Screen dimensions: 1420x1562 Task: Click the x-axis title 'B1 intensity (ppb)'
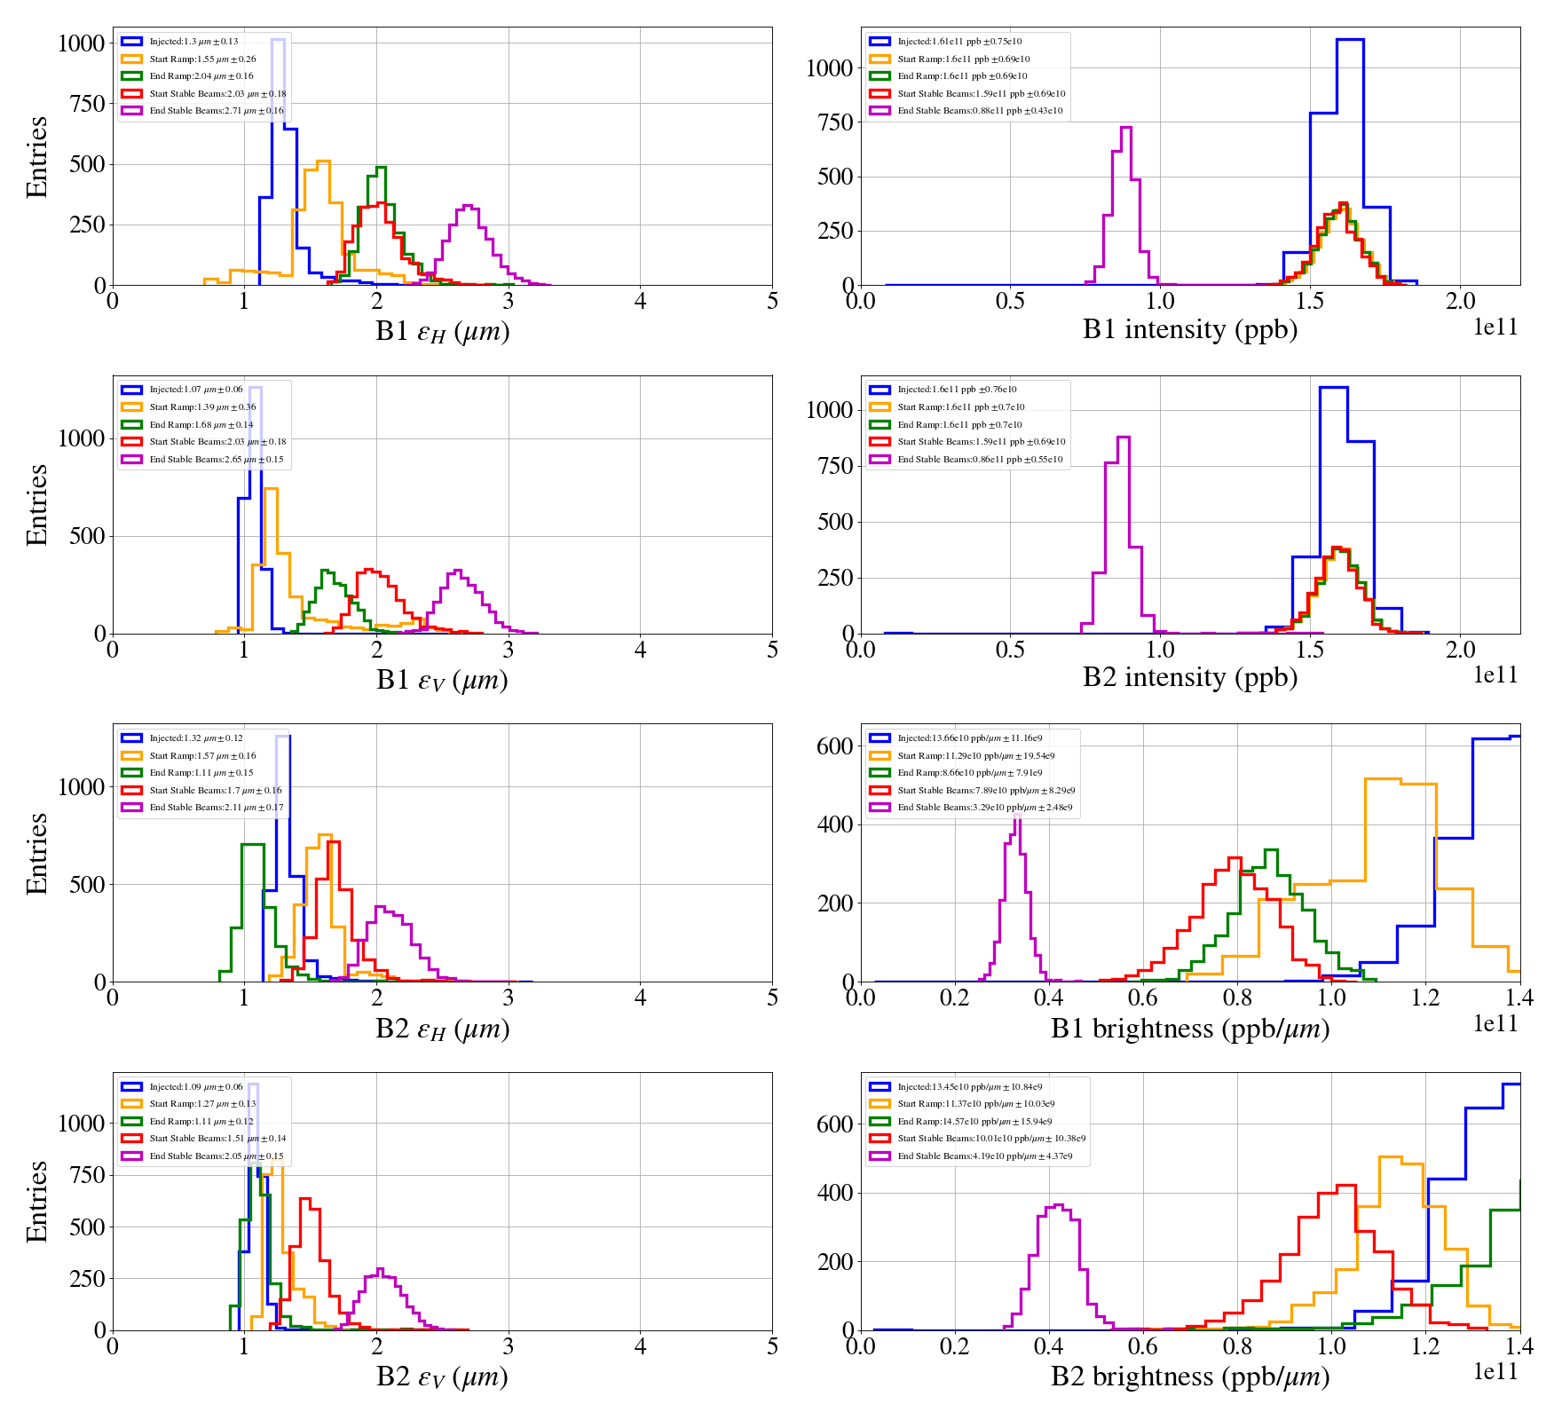(x=1189, y=330)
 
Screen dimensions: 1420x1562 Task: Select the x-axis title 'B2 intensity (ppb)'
(x=1189, y=678)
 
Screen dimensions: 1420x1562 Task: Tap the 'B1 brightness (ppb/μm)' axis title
(x=1189, y=1029)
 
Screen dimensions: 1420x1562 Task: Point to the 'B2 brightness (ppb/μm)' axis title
(x=1189, y=1377)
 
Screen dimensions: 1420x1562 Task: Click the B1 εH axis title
(x=442, y=331)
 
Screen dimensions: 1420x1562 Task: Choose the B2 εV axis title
(x=442, y=1377)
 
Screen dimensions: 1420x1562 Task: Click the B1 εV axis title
(x=442, y=680)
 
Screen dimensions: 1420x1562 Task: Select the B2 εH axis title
(x=442, y=1029)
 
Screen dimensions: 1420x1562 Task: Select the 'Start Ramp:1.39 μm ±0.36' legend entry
(x=202, y=407)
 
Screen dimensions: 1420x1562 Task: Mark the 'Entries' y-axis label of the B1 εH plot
(x=37, y=157)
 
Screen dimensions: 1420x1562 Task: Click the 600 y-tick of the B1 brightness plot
(x=834, y=746)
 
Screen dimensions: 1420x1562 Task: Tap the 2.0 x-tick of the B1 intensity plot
(x=1460, y=302)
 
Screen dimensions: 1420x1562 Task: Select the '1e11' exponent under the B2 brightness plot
(x=1495, y=1371)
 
